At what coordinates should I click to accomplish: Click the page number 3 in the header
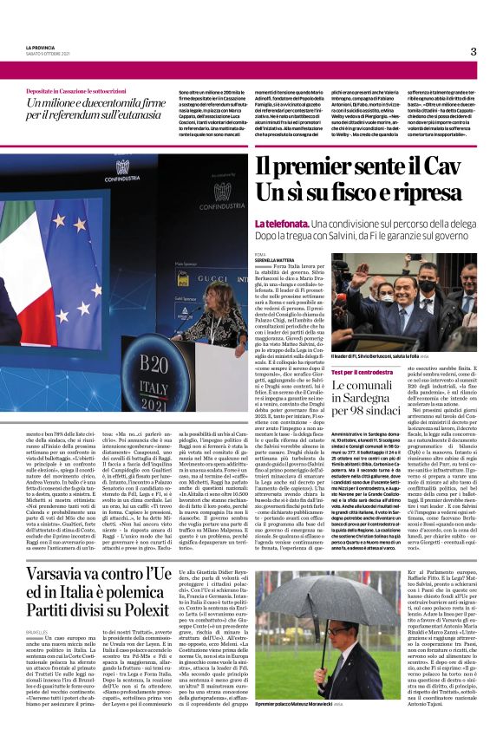tap(474, 52)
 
